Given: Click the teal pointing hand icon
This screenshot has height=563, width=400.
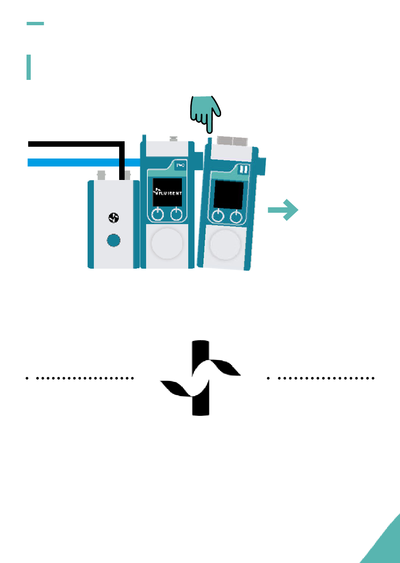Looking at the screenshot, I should pyautogui.click(x=205, y=110).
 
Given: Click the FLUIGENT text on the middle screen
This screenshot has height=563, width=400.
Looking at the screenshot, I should pyautogui.click(x=168, y=192).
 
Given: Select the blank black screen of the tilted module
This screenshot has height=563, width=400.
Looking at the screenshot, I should pyautogui.click(x=229, y=195).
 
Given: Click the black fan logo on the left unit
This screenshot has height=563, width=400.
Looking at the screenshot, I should pyautogui.click(x=113, y=218).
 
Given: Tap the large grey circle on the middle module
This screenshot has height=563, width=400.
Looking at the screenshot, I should pyautogui.click(x=167, y=243).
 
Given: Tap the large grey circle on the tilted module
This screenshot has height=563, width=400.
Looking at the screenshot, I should pyautogui.click(x=225, y=245).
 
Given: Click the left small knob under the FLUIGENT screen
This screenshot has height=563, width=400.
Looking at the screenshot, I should pyautogui.click(x=157, y=214).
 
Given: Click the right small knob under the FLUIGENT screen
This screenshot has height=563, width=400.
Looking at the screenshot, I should pyautogui.click(x=176, y=214).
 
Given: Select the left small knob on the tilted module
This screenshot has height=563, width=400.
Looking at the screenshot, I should pyautogui.click(x=217, y=217).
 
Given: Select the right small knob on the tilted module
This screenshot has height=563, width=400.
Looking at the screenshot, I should pyautogui.click(x=236, y=217).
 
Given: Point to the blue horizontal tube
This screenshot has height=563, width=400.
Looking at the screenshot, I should pyautogui.click(x=80, y=162).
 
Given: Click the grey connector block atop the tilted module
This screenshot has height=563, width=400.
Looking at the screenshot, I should pyautogui.click(x=232, y=140).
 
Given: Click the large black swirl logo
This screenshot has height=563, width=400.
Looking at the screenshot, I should pyautogui.click(x=200, y=378).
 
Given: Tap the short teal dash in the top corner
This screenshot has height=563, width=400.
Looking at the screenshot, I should pyautogui.click(x=35, y=24).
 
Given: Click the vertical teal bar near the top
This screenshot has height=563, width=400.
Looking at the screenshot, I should pyautogui.click(x=29, y=67).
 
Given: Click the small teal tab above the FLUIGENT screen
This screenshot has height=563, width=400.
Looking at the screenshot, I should pyautogui.click(x=180, y=166).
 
